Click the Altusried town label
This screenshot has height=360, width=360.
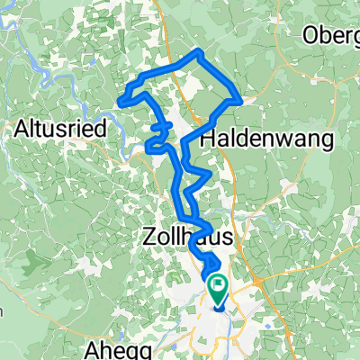[x=62, y=129]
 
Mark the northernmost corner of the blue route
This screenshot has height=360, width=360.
[x=199, y=51]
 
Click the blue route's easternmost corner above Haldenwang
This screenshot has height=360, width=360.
[x=241, y=101]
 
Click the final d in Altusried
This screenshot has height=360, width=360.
[x=103, y=129]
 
